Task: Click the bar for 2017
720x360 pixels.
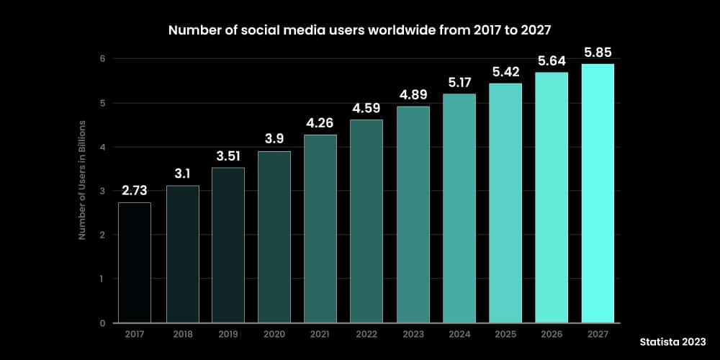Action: (x=135, y=262)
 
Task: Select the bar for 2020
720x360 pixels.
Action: (x=274, y=237)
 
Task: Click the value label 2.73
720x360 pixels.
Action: (x=135, y=191)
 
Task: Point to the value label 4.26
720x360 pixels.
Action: (x=320, y=123)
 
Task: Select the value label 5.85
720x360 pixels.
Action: (x=597, y=53)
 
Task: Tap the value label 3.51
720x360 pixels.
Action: (x=228, y=156)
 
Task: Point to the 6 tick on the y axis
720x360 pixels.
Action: (x=103, y=59)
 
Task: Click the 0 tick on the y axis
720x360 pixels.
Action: (x=103, y=323)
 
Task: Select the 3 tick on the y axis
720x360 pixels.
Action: (x=103, y=191)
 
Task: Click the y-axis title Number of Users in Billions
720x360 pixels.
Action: (x=82, y=180)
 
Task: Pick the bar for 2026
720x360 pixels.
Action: (x=551, y=197)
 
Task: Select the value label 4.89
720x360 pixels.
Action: (x=413, y=95)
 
